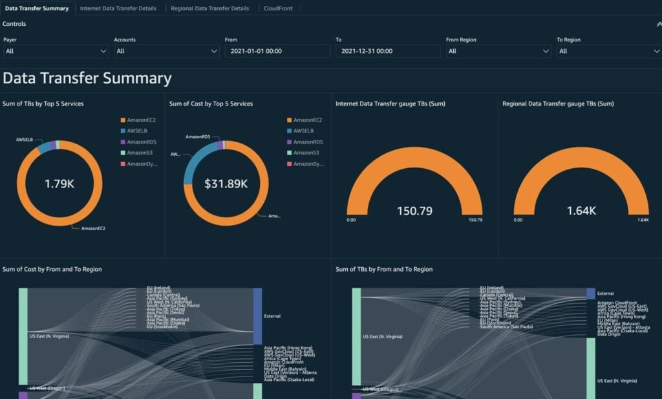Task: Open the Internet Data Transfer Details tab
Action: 118,8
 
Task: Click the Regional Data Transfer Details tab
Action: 209,8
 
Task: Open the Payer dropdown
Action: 56,51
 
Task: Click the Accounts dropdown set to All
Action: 167,51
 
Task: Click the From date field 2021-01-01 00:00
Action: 277,51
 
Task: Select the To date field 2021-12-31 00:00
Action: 388,51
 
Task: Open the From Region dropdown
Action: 498,51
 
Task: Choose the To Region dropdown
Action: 608,51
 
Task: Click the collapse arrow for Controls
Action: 657,24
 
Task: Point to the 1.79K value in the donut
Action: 59,184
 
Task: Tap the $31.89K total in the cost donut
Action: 226,184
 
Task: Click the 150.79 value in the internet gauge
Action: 414,210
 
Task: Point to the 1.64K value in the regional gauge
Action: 581,210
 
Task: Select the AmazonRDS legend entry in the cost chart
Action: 307,142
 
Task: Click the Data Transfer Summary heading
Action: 87,79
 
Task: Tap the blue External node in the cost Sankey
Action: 257,316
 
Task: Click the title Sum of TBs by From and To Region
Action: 384,269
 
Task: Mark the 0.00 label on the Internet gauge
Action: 351,220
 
